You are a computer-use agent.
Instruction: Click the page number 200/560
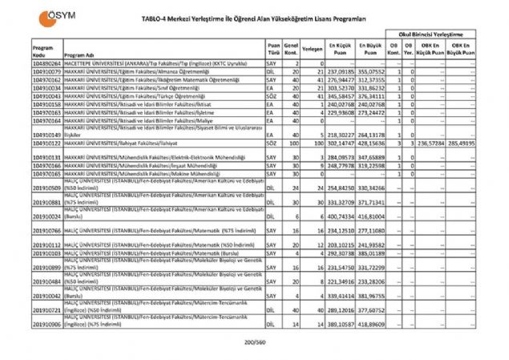(254, 343)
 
